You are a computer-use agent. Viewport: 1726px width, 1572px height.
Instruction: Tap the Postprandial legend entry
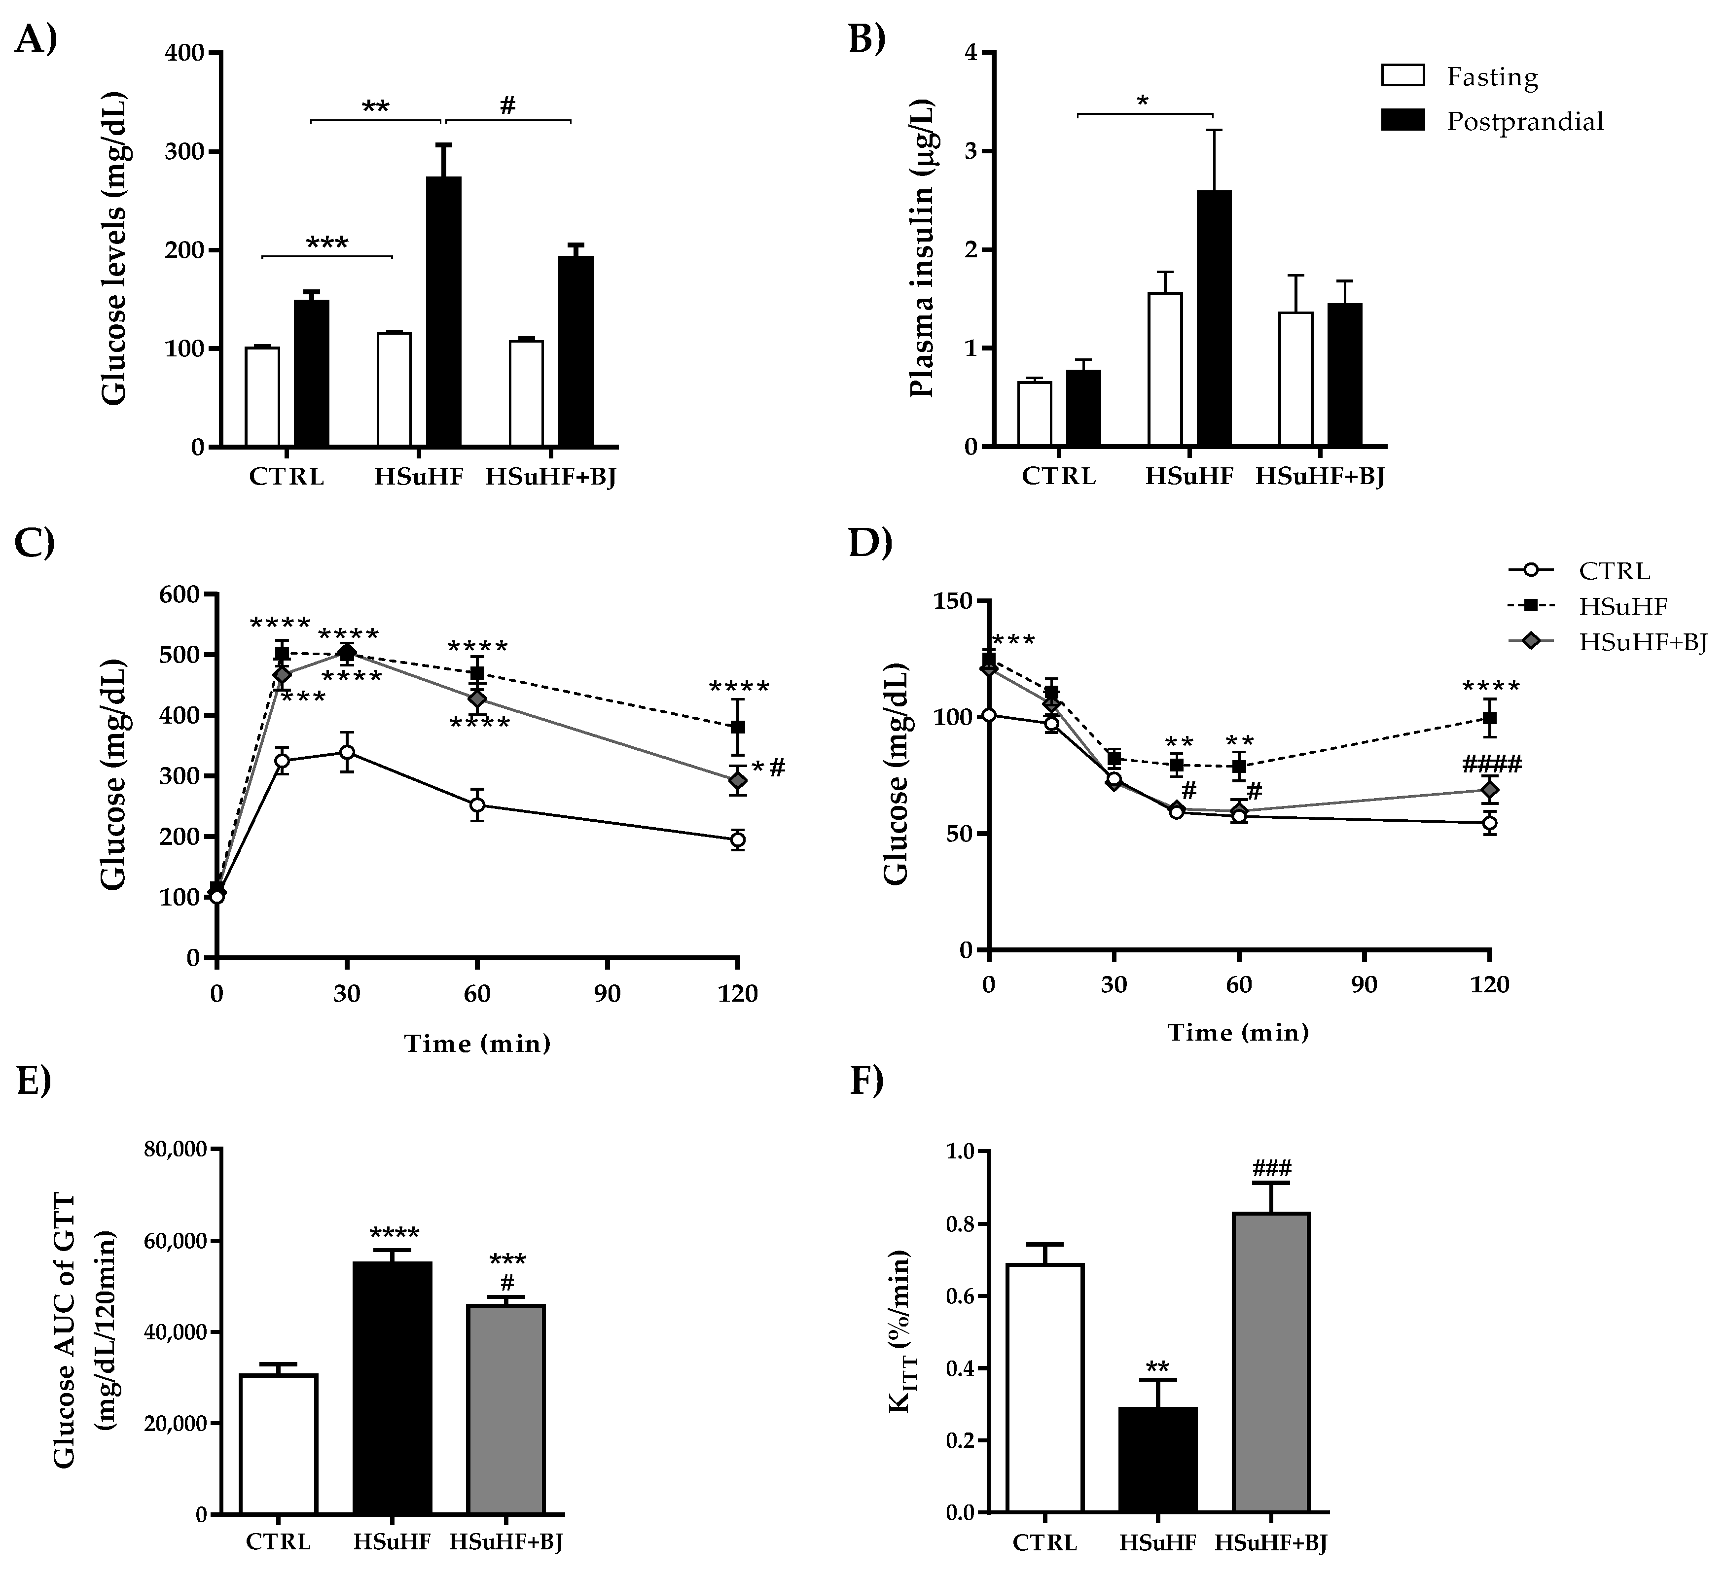coord(1524,122)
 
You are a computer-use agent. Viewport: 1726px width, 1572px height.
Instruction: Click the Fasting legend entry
coord(1491,77)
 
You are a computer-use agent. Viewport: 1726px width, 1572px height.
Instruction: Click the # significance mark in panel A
coord(508,106)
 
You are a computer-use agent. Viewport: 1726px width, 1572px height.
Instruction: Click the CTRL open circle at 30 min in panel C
coord(347,752)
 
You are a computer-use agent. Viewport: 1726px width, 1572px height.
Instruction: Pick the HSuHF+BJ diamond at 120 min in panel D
coord(1490,789)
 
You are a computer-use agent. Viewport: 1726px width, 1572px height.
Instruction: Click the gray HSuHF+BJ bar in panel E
coord(506,1408)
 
